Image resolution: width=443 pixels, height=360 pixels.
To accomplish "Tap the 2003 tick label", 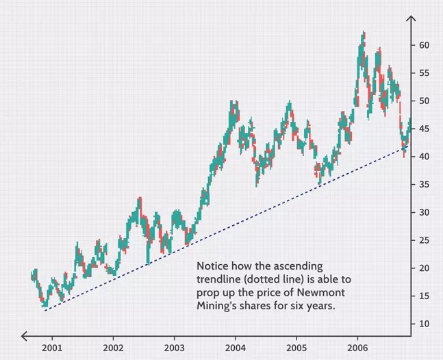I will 174,348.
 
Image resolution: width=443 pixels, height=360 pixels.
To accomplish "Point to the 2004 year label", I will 235,348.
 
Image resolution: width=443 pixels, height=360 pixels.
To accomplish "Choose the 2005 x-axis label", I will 296,348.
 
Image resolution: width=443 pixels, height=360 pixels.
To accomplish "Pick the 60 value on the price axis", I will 425,44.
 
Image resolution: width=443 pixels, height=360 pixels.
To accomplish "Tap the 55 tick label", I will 425,73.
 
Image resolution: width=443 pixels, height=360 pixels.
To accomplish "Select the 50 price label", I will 425,101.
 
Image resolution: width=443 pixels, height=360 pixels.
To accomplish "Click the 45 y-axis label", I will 425,129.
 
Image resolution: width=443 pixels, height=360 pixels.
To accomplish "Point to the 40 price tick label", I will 425,157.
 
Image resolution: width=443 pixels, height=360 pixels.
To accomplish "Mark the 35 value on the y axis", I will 425,184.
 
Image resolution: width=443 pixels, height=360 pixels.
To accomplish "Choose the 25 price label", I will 425,240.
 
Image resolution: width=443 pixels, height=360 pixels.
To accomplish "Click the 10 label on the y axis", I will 425,324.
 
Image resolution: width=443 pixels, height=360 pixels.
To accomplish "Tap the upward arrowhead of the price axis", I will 410,19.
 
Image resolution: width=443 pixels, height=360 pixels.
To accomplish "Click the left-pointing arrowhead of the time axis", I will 25,335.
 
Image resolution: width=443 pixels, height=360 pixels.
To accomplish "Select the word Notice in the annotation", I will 213,266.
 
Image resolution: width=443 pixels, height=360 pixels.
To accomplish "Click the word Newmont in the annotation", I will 328,294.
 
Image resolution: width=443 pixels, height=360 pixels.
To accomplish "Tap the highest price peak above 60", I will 363,33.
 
